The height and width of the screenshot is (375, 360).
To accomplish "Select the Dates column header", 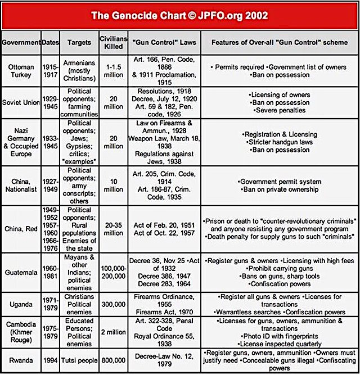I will point(49,42).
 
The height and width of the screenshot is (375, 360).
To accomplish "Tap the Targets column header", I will point(79,42).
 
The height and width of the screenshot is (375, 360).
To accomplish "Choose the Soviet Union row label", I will point(21,103).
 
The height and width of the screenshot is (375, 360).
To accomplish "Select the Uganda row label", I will point(21,304).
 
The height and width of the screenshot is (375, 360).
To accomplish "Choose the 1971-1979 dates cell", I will point(49,304).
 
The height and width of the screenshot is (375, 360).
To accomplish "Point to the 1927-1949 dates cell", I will point(49,186).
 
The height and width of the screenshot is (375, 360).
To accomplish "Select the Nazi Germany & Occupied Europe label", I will point(21,142).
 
